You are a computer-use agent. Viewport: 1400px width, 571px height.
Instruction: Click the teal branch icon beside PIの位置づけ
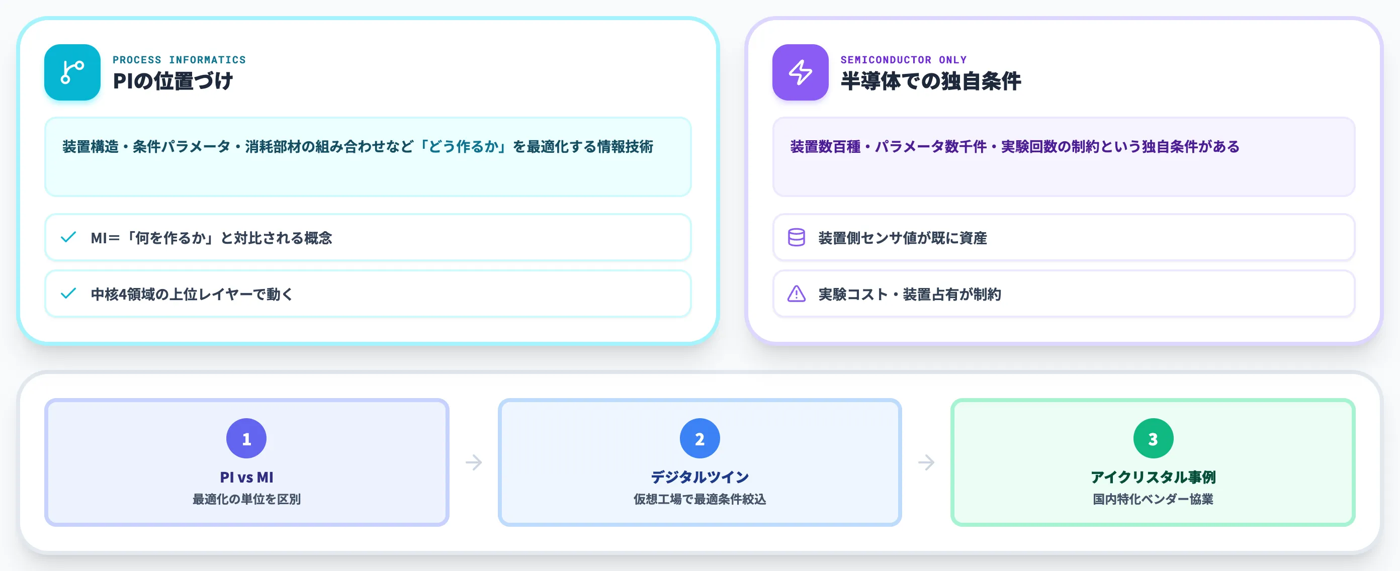click(x=72, y=72)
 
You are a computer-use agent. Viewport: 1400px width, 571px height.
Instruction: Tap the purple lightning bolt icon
click(x=800, y=72)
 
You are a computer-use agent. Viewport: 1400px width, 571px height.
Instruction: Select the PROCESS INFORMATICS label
click(x=180, y=60)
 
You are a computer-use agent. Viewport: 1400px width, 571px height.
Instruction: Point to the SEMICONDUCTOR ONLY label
click(x=903, y=60)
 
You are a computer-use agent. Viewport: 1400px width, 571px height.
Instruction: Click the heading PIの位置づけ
click(x=173, y=81)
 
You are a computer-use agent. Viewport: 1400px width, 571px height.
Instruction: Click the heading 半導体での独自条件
click(x=930, y=81)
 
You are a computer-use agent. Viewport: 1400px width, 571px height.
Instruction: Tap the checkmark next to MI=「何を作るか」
click(x=68, y=237)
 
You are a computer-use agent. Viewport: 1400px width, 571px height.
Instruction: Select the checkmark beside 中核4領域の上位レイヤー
click(x=68, y=294)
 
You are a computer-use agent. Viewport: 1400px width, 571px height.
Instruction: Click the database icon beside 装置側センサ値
click(x=796, y=237)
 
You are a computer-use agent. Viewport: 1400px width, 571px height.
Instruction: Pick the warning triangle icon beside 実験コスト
click(x=796, y=294)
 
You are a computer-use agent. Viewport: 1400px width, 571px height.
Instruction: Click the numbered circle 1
click(x=246, y=438)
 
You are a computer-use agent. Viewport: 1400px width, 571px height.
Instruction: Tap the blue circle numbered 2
click(x=699, y=438)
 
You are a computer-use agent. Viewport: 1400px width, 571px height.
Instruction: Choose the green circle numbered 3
click(x=1153, y=438)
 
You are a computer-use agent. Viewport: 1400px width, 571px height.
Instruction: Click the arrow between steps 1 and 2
click(x=474, y=462)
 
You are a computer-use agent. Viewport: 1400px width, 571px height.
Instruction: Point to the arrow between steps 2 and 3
click(x=926, y=462)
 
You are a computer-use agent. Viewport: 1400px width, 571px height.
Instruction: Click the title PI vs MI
click(x=246, y=477)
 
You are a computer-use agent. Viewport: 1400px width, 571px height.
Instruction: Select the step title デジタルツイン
click(x=699, y=477)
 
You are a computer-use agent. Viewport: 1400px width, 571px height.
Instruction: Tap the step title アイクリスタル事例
click(x=1153, y=477)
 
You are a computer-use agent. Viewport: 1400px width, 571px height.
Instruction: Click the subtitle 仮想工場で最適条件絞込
click(x=699, y=499)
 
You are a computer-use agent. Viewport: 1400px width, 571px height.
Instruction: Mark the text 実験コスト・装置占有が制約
click(x=909, y=294)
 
